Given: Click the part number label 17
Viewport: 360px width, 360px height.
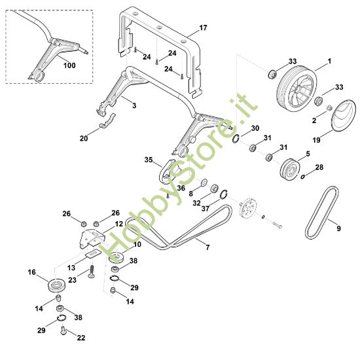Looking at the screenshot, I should click(203, 28).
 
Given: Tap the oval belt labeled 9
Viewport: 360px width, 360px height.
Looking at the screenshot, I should click(323, 211).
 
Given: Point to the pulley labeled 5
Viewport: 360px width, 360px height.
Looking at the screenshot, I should click(285, 169).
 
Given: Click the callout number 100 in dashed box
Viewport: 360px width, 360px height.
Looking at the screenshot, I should click(69, 65).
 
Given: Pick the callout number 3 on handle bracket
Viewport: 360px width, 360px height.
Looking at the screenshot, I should click(133, 105).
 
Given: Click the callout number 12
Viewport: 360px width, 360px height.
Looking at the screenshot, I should click(119, 224).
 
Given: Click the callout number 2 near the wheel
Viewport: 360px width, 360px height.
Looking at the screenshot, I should click(313, 121).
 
